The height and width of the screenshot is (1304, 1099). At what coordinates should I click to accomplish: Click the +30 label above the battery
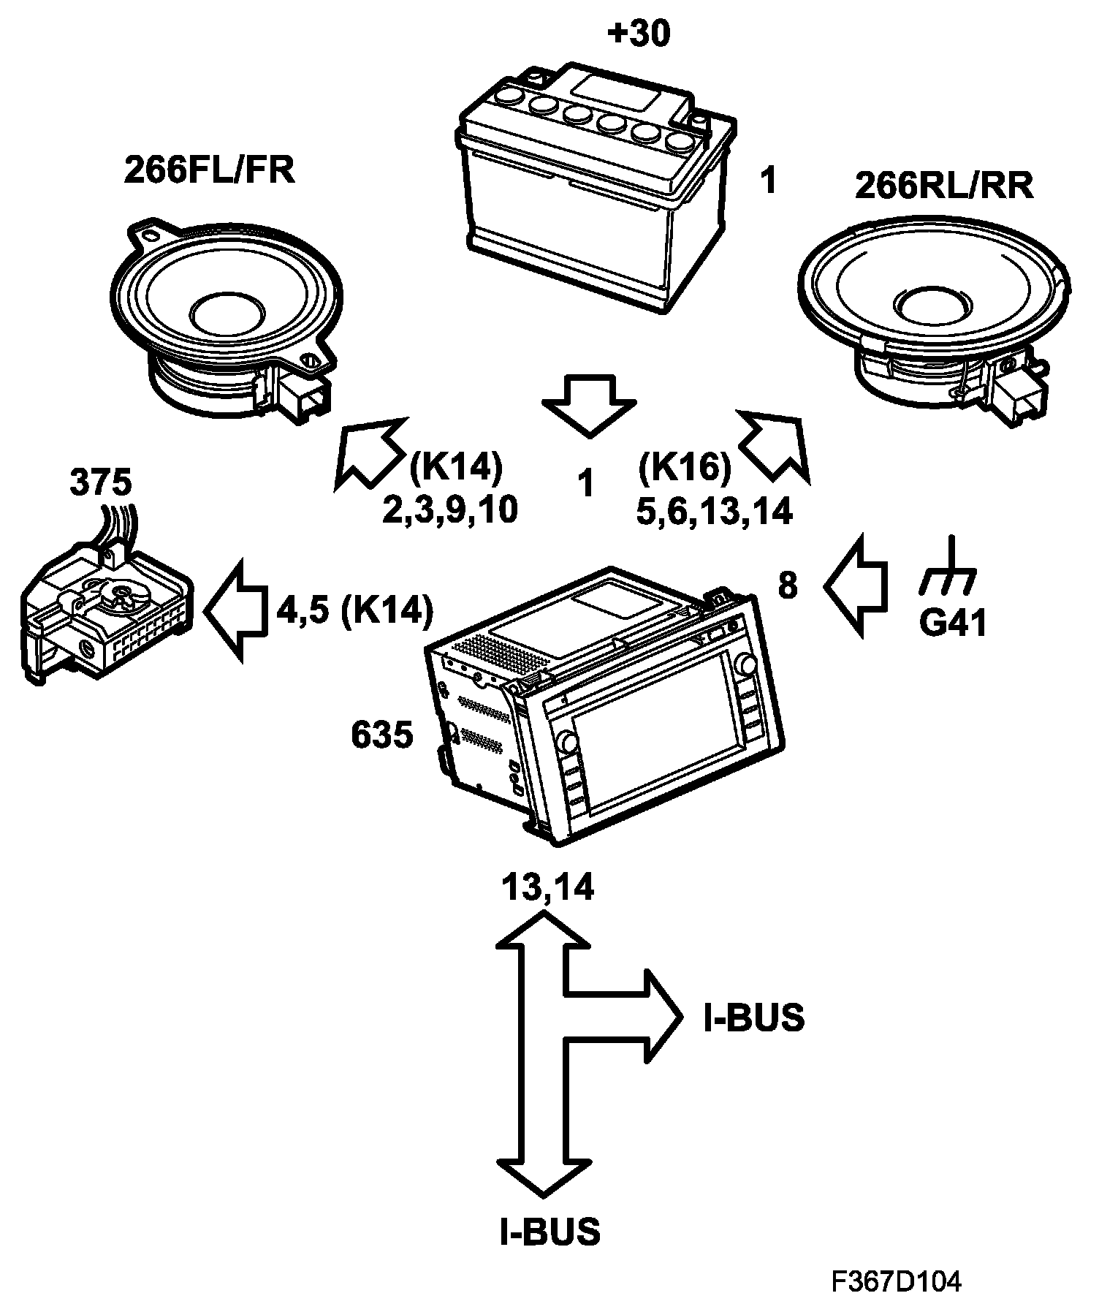[638, 35]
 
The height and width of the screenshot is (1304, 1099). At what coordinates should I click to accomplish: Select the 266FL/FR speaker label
[210, 170]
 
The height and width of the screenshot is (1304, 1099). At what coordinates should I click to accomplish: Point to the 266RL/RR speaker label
[944, 186]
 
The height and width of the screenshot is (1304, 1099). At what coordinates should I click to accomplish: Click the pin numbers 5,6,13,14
[714, 512]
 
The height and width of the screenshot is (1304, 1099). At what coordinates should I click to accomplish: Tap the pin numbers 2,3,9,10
[450, 512]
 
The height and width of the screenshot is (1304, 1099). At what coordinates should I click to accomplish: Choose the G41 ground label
[953, 623]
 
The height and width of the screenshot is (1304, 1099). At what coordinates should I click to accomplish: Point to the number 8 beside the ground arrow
[788, 586]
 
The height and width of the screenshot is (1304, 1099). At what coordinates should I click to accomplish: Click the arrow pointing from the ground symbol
[856, 586]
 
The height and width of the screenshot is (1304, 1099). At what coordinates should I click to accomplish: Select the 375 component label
[101, 483]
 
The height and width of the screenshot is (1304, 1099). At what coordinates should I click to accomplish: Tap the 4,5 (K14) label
[354, 610]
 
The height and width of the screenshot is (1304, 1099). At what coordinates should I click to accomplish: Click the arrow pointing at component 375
[235, 610]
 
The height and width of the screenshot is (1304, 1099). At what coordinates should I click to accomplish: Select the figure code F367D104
[896, 1281]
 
